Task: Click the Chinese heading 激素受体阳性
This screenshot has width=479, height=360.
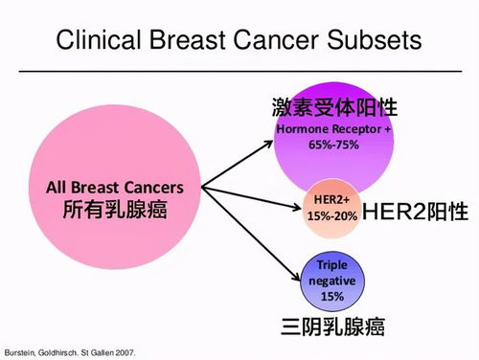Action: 333,106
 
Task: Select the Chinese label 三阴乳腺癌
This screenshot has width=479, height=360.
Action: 333,327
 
